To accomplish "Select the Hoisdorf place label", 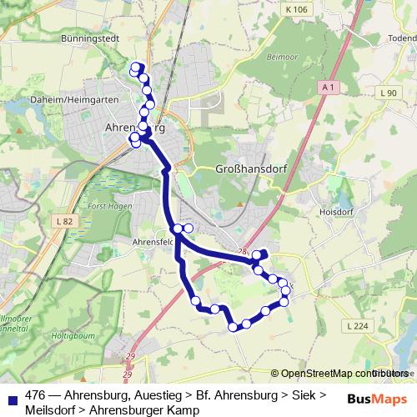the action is (336, 212).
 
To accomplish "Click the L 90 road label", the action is (388, 93).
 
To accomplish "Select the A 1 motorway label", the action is (329, 87).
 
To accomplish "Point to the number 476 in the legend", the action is (34, 395).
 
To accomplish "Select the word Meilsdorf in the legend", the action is (51, 410).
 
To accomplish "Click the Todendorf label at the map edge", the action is (402, 38).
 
